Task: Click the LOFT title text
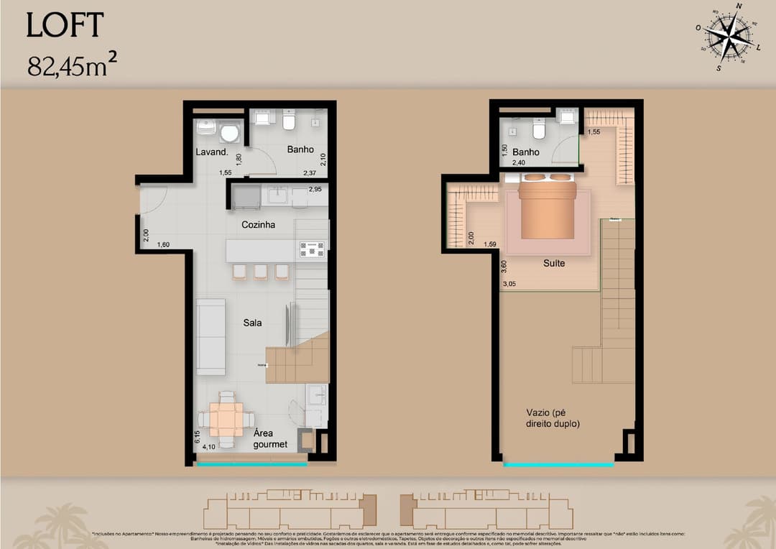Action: (x=65, y=25)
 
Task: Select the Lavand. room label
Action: (x=212, y=152)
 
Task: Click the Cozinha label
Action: (x=258, y=225)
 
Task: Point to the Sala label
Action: (x=252, y=323)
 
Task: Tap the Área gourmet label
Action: (x=270, y=439)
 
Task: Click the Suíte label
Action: (x=553, y=263)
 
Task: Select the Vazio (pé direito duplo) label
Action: (x=553, y=418)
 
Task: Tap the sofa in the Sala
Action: (x=211, y=336)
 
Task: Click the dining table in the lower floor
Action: (x=226, y=419)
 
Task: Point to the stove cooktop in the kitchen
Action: (x=312, y=249)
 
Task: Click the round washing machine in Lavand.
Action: (x=230, y=133)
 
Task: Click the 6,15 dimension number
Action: (x=197, y=435)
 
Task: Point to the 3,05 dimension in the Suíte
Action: (x=509, y=285)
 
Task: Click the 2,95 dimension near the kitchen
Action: (x=315, y=190)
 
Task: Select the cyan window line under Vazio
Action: (x=558, y=465)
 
